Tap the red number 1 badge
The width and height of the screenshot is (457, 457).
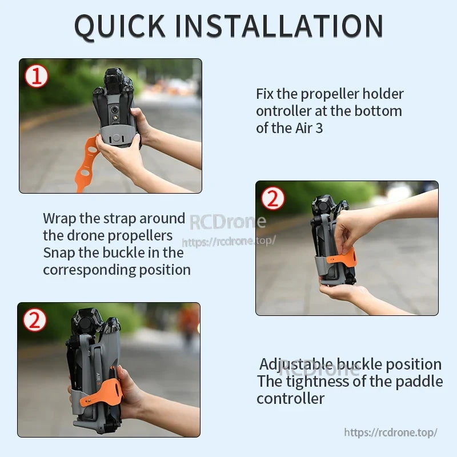36,76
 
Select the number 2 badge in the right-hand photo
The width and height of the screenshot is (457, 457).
272,198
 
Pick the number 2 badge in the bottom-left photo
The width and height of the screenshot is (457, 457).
34,320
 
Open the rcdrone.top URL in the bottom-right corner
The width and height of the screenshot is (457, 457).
391,432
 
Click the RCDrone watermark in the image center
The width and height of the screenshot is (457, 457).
227,222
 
